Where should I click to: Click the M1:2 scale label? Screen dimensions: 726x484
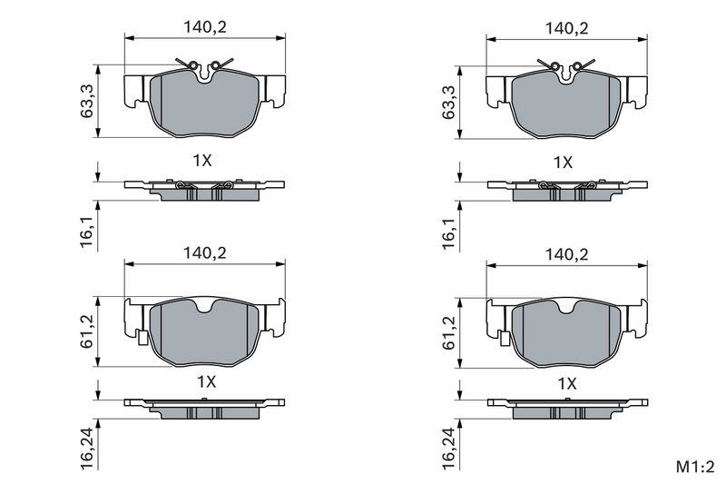click(x=695, y=468)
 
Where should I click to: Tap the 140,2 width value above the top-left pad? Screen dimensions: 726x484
click(x=205, y=27)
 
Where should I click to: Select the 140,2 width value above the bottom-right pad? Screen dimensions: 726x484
click(x=566, y=254)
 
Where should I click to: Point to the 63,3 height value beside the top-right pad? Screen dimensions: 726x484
click(x=448, y=102)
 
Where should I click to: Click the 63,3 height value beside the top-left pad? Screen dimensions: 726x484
click(x=87, y=101)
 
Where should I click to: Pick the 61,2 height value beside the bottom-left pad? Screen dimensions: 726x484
click(x=87, y=331)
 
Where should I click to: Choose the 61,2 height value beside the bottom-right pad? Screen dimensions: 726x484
click(x=448, y=333)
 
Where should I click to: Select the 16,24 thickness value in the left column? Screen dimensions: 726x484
click(x=87, y=448)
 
